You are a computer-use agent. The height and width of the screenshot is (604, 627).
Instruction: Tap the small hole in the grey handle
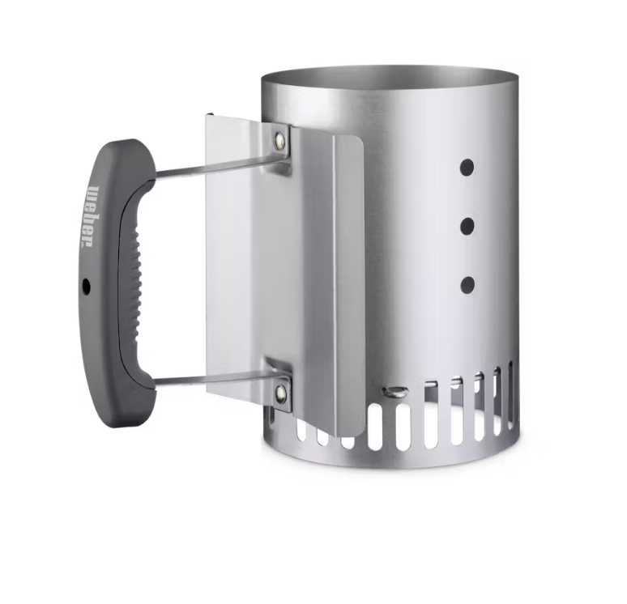point(87,286)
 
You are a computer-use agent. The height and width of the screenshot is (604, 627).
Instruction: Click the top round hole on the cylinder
point(467,167)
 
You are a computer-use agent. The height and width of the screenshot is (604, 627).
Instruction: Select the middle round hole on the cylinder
point(467,226)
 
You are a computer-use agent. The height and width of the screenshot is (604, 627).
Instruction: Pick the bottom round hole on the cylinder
point(467,284)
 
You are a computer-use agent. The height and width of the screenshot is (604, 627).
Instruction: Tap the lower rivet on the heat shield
point(281,393)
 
